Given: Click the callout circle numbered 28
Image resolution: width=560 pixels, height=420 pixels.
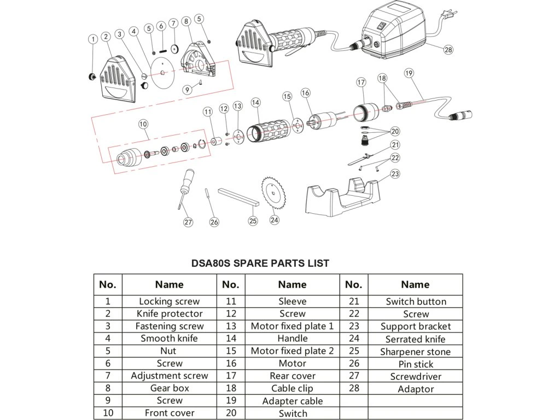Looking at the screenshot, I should coord(448,50).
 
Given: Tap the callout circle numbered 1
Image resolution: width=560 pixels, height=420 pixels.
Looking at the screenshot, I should coord(94,39).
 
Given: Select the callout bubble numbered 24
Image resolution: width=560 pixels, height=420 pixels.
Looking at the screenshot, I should coord(274,220).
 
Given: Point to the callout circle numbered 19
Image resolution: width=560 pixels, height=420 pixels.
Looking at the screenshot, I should coord(409,72).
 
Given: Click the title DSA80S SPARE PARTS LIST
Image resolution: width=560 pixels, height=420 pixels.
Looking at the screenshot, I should coord(260,263).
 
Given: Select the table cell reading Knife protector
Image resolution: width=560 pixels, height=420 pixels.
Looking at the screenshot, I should coord(170,314).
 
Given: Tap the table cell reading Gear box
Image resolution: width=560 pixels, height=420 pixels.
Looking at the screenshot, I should coord(170,388).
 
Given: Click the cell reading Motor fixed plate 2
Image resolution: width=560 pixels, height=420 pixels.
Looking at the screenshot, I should coord(292,351).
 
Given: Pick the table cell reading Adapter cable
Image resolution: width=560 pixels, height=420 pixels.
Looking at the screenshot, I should coord(292,401).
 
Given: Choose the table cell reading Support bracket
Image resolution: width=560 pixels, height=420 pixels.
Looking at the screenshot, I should coord(416,326).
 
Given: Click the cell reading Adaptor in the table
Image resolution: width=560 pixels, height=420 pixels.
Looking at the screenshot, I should coord(416,389).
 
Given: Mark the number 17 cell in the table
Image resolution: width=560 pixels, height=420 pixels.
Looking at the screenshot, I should coord(231,376).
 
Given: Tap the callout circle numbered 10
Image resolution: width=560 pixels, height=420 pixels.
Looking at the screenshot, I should coord(143,124).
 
